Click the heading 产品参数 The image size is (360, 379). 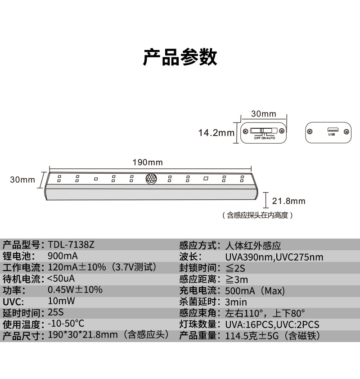180,57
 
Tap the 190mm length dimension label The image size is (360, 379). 148,162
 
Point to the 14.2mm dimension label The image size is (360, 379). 216,133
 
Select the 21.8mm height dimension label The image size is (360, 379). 288,201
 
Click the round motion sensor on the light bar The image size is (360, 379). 151,179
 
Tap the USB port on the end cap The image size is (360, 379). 333,130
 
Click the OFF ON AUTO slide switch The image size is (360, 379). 264,131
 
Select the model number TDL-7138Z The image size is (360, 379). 71,245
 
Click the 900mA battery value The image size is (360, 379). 63,256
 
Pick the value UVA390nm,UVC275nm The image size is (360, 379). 274,257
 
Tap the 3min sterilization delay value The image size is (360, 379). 236,302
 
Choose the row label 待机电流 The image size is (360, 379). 21,279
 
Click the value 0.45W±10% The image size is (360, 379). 75,289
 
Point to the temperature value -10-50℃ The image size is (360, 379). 66,323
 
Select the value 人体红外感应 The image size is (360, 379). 253,246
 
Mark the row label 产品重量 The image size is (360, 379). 198,336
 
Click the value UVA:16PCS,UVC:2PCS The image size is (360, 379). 272,325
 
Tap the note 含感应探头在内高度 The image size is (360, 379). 257,215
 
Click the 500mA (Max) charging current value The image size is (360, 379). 255,291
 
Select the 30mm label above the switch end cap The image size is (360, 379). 264,113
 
